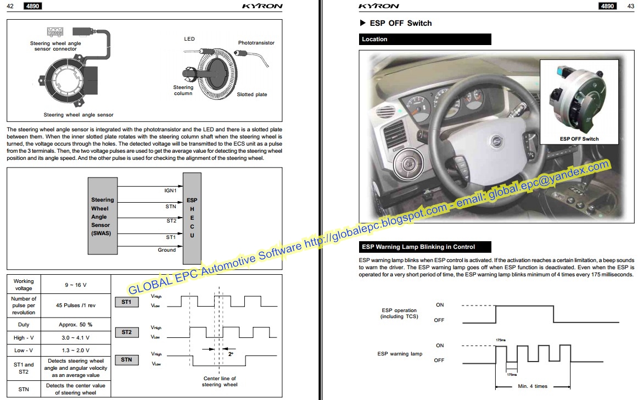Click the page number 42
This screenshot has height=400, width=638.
click(10, 6)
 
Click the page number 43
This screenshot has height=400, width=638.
click(630, 6)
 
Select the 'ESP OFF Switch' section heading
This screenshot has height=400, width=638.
click(400, 23)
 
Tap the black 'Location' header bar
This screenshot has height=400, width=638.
click(425, 40)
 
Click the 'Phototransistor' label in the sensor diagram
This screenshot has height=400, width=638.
click(256, 43)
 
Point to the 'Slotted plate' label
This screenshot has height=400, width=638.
click(251, 95)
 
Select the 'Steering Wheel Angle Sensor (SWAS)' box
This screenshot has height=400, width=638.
click(102, 216)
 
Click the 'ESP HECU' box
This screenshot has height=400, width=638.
click(192, 218)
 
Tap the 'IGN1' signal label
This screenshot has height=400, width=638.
click(170, 191)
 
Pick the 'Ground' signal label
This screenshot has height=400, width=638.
click(167, 250)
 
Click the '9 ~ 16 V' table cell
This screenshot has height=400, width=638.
click(75, 285)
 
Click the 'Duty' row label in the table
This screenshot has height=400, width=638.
click(24, 325)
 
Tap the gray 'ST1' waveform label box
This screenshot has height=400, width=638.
click(126, 302)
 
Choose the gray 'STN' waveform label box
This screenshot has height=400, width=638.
click(126, 360)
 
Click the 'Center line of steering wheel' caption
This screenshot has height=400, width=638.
click(219, 381)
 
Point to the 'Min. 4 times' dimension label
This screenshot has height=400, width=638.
click(532, 386)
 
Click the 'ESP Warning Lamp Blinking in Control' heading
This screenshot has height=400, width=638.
click(424, 247)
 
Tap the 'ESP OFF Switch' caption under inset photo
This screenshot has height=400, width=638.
click(579, 139)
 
